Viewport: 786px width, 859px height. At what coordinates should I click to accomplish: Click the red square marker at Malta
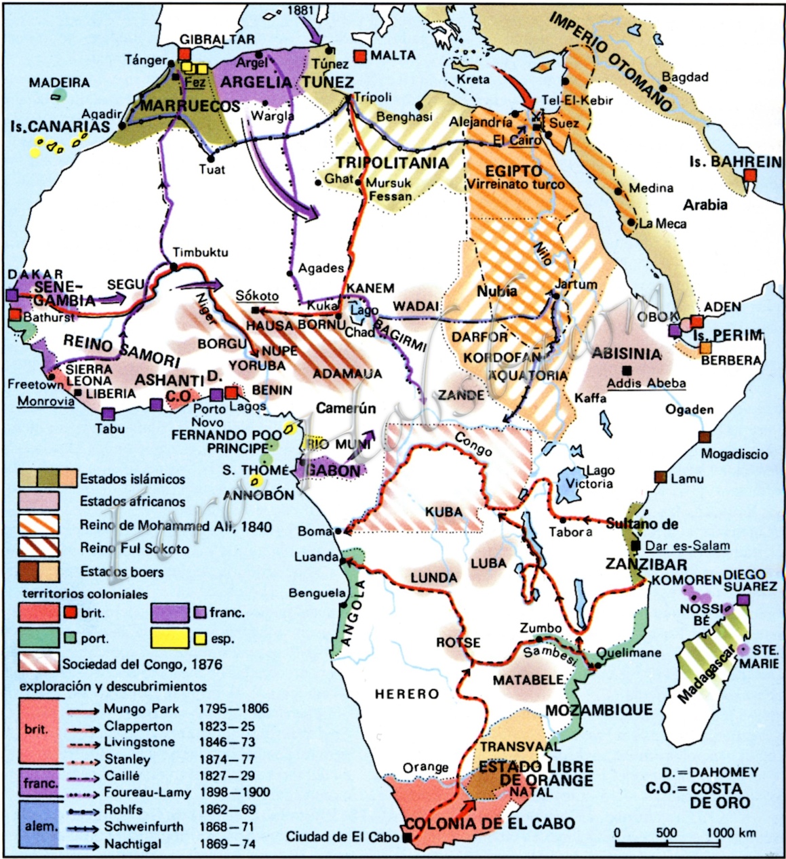(x=360, y=56)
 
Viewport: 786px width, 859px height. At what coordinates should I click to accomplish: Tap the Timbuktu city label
(x=200, y=252)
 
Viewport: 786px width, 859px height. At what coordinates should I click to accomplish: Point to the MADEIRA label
(x=59, y=83)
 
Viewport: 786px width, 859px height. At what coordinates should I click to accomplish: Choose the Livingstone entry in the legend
(x=139, y=742)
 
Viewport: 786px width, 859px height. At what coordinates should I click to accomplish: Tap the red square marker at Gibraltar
(x=185, y=54)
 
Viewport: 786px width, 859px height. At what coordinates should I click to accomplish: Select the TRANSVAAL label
(x=519, y=746)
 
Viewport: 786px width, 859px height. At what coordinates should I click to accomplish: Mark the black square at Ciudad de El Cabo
(x=407, y=838)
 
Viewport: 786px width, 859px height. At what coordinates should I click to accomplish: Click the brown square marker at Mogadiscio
(x=705, y=437)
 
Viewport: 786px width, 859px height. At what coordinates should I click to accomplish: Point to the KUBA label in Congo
(x=445, y=512)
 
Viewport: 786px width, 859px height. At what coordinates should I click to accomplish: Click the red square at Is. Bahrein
(x=749, y=176)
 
